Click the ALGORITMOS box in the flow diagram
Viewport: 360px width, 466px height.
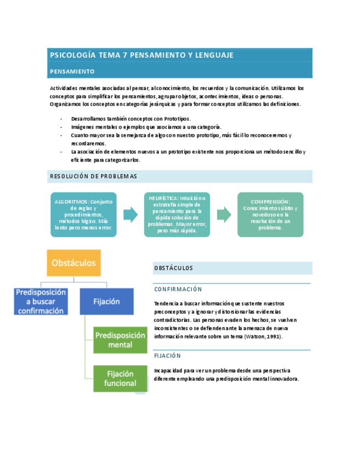pos(83,214)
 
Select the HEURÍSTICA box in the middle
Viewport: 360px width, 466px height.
pos(177,214)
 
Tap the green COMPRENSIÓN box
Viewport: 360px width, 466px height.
pos(270,214)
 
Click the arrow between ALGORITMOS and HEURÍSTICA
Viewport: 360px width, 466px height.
pos(130,215)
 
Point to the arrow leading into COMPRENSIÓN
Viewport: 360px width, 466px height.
pos(224,215)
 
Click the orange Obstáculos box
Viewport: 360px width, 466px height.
pos(74,263)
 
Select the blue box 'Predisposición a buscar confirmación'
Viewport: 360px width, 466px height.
pos(41,302)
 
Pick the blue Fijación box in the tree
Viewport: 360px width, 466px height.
pos(107,302)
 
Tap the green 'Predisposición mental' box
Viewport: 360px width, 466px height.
pos(120,340)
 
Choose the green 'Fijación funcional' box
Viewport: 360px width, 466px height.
pos(120,378)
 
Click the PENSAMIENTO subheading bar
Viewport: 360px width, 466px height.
pos(72,71)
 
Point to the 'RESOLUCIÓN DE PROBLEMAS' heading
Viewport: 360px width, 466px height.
pos(93,176)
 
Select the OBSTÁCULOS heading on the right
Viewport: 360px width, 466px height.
pos(174,268)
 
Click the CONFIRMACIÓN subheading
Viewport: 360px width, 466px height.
pos(178,289)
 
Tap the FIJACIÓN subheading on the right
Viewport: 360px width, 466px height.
pos(168,356)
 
